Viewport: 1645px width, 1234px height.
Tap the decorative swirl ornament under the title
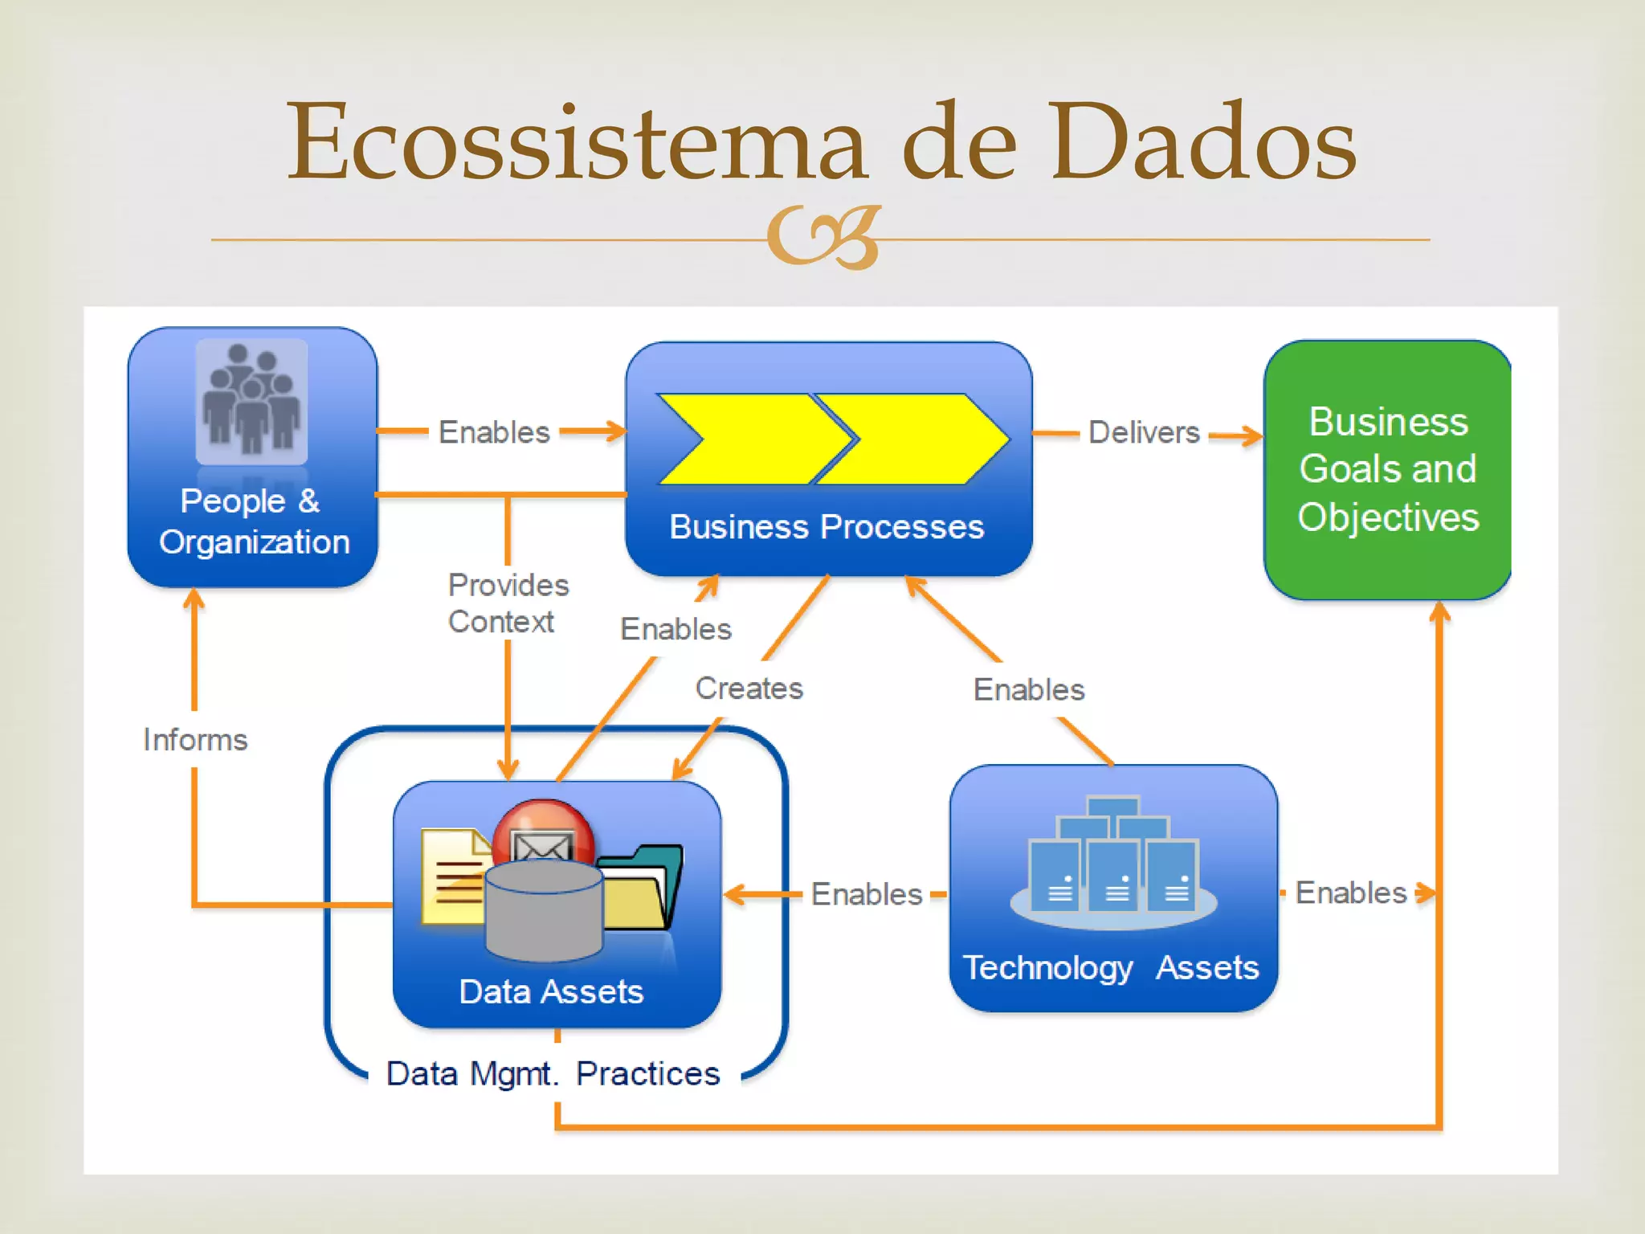(x=824, y=238)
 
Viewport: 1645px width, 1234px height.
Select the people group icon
(x=251, y=400)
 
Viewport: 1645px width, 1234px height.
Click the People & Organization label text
(x=253, y=521)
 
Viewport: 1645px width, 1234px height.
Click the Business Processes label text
(x=827, y=527)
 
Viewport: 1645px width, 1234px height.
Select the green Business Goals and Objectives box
(x=1387, y=469)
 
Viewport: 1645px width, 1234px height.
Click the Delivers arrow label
(x=1143, y=433)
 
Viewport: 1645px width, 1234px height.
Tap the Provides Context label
(x=508, y=603)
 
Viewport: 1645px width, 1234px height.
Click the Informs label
(x=195, y=740)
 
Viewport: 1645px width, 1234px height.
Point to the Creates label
(x=749, y=689)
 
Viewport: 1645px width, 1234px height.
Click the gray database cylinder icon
(x=544, y=912)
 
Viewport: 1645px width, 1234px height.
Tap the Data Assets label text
(x=551, y=991)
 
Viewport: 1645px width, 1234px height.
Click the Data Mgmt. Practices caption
(x=553, y=1074)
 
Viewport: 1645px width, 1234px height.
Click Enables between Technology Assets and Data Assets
(x=866, y=894)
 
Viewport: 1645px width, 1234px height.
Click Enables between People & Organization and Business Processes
(x=494, y=432)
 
